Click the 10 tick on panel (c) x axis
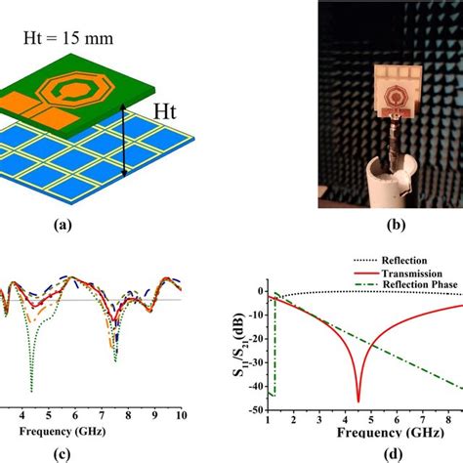tap(181, 414)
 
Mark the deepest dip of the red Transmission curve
tap(358, 400)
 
